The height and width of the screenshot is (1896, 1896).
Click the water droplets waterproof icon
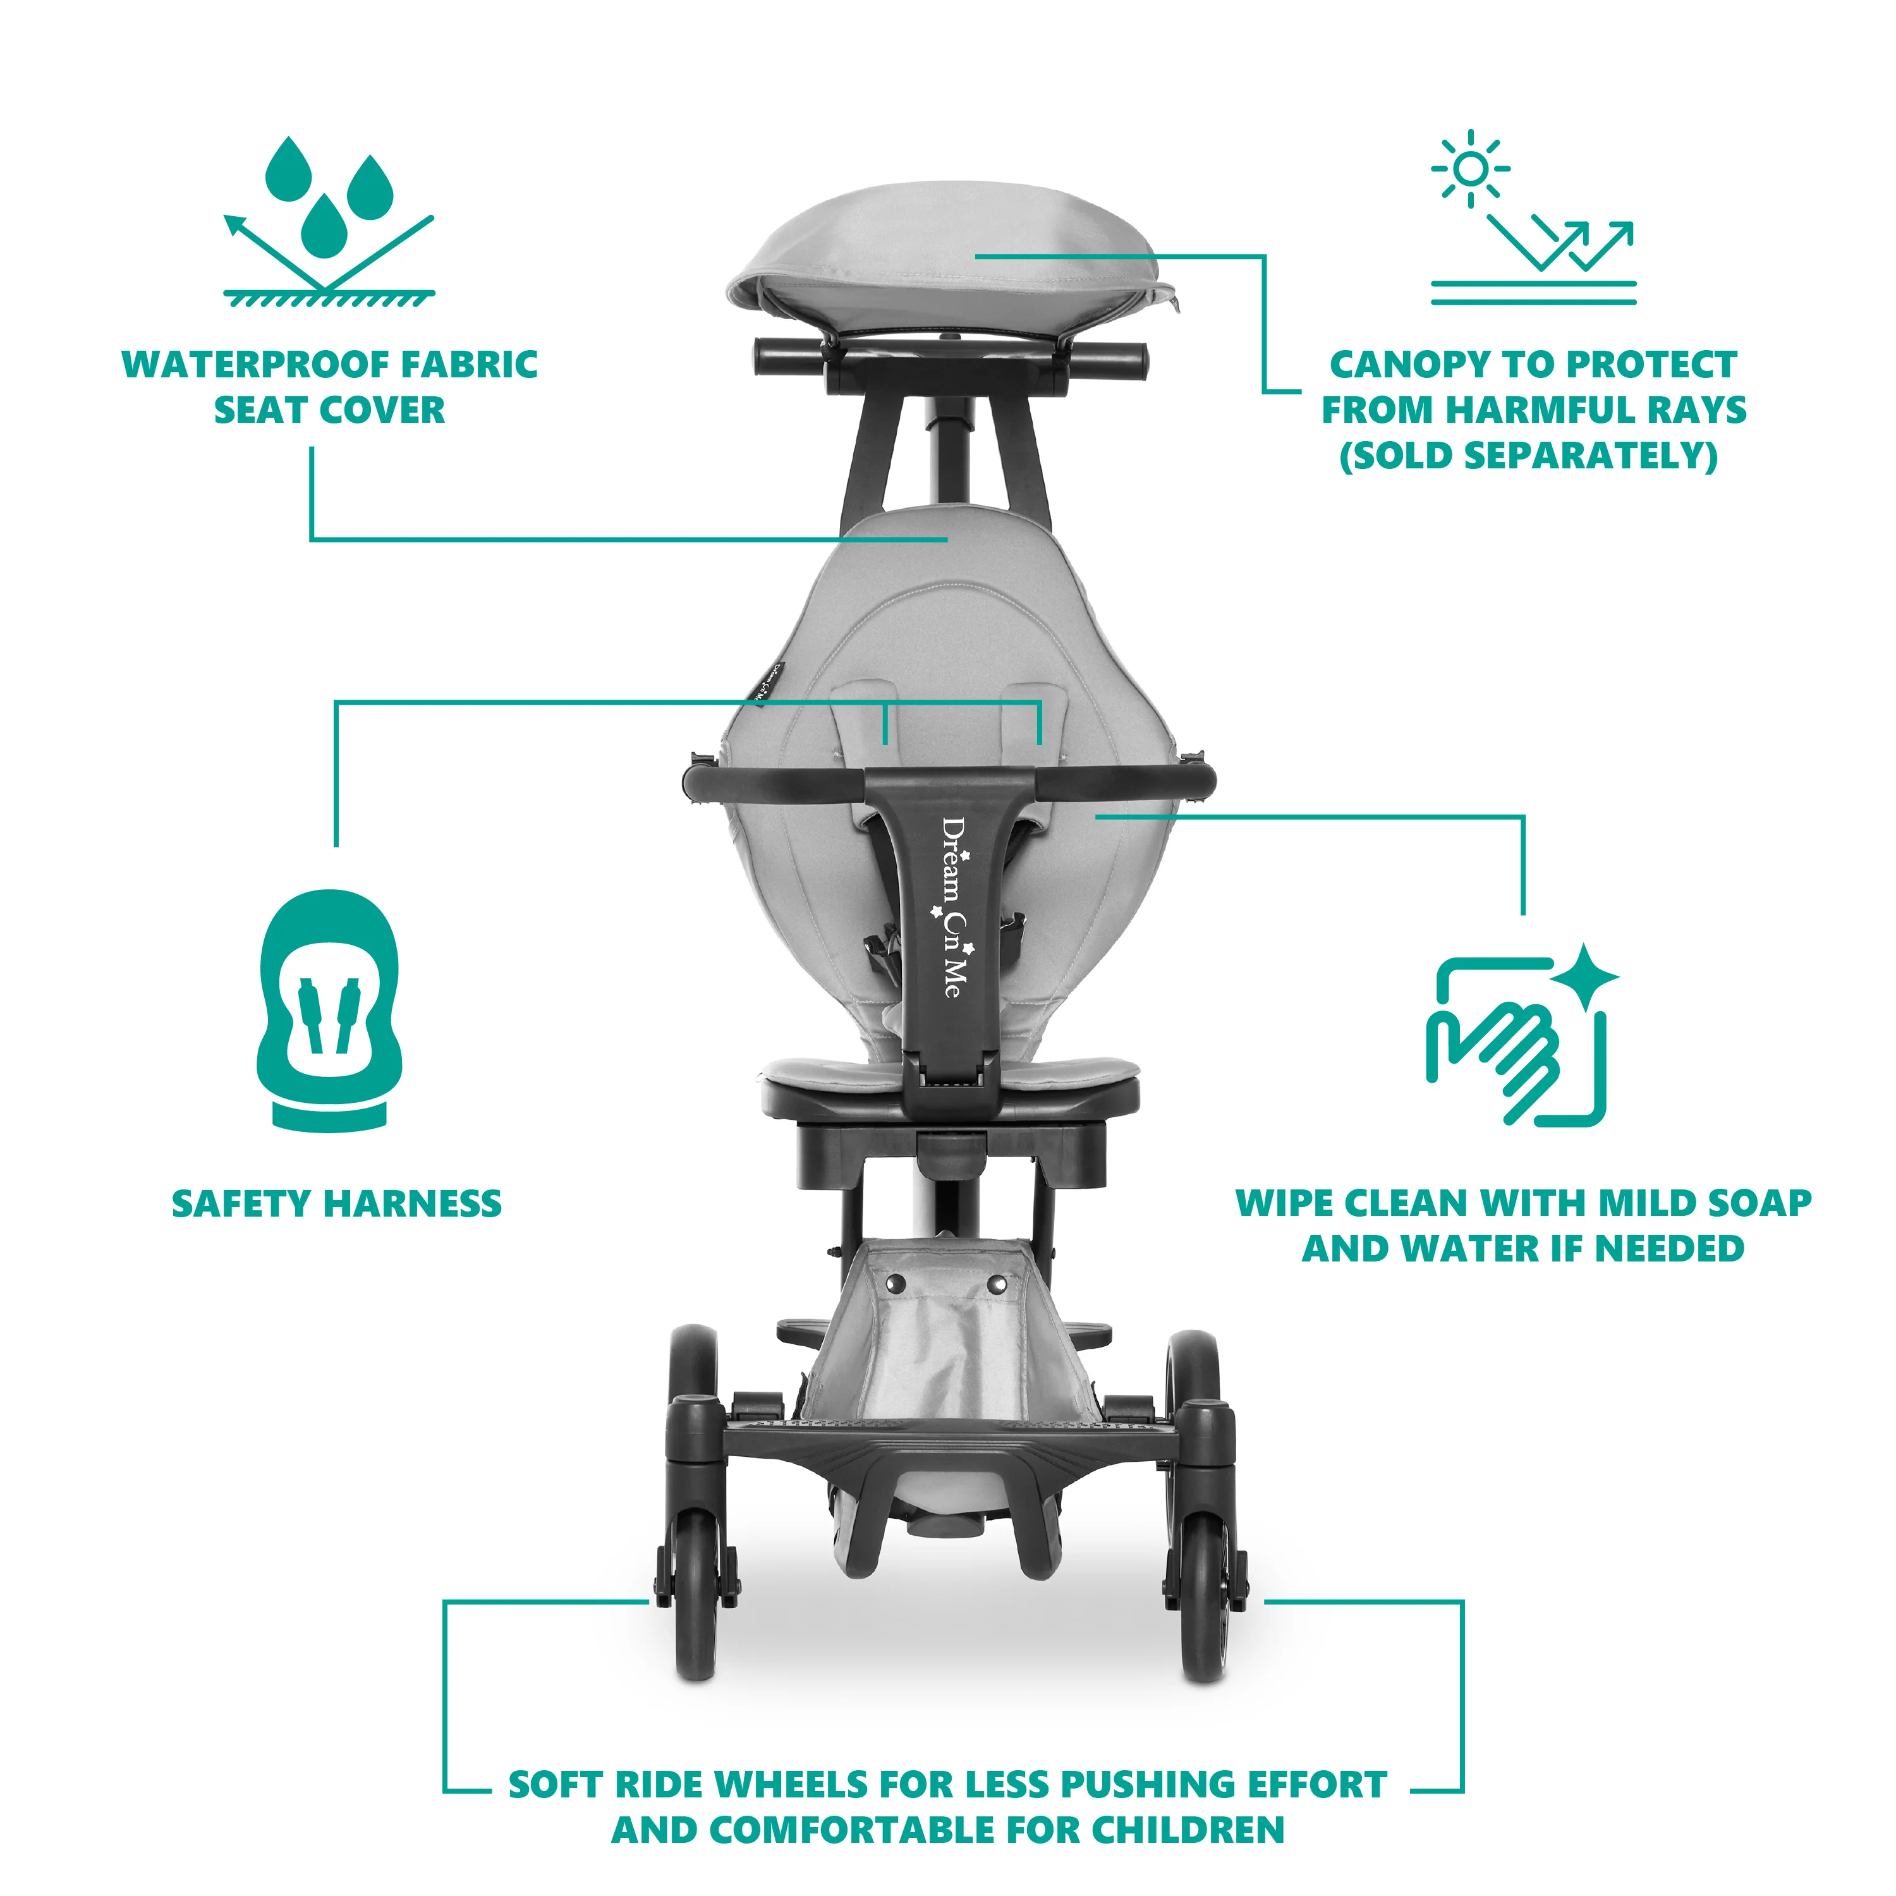coord(329,221)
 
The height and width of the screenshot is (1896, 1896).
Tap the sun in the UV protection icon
coord(1470,169)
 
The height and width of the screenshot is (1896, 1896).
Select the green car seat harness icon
coord(330,1011)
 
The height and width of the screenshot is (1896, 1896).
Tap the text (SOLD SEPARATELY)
coord(1529,456)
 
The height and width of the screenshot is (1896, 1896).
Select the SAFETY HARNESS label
coord(337,1204)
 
